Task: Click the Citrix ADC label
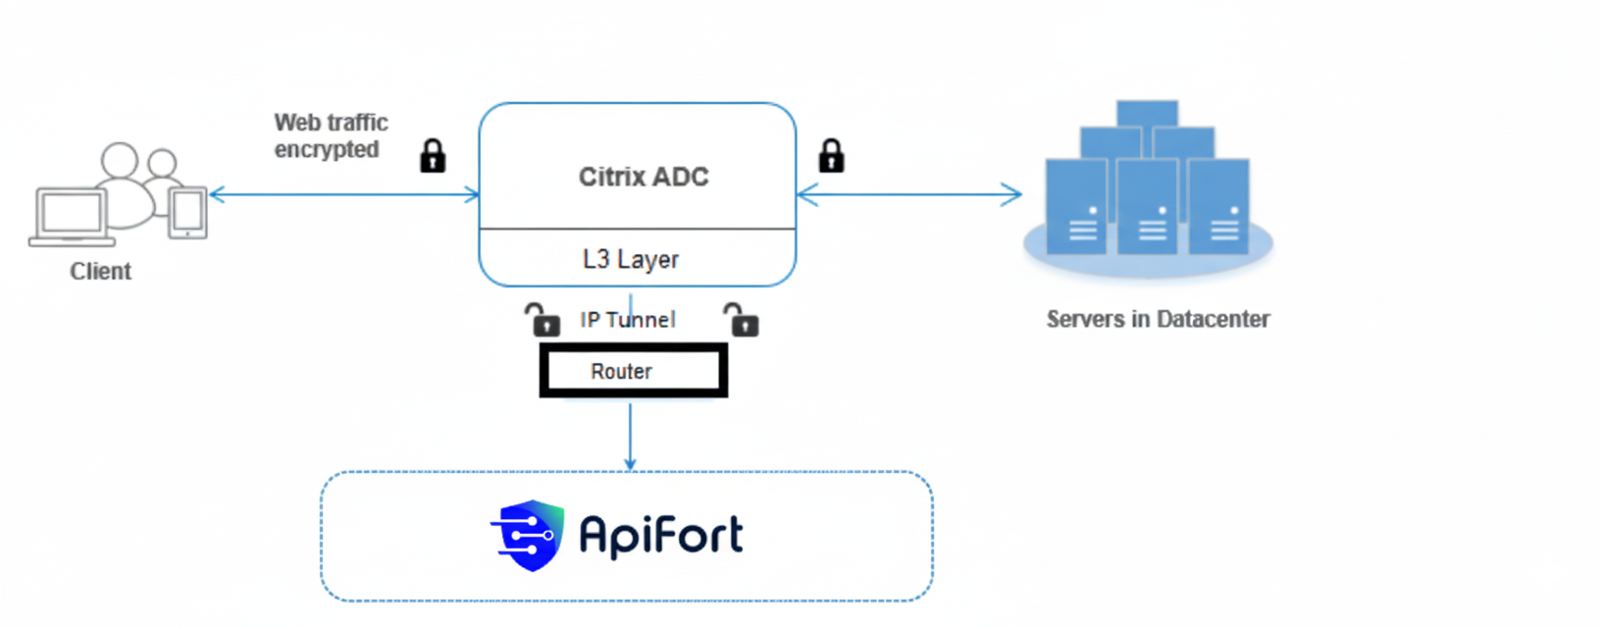point(643,177)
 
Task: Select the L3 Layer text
point(630,259)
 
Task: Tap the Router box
point(633,371)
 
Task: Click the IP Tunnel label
point(627,320)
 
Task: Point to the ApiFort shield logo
point(529,535)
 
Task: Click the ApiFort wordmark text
point(661,536)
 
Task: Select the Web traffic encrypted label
point(331,135)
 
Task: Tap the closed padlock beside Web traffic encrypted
point(433,156)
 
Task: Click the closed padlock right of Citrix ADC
point(831,155)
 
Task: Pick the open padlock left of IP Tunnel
point(542,320)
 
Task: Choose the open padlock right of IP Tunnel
point(742,320)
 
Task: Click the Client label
point(100,272)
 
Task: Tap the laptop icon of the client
point(71,217)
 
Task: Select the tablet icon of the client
point(187,212)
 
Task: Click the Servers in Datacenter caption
point(1158,319)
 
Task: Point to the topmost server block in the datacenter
point(1147,112)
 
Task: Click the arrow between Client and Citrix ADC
point(343,194)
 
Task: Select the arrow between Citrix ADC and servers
point(909,194)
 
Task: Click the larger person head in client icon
point(120,160)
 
